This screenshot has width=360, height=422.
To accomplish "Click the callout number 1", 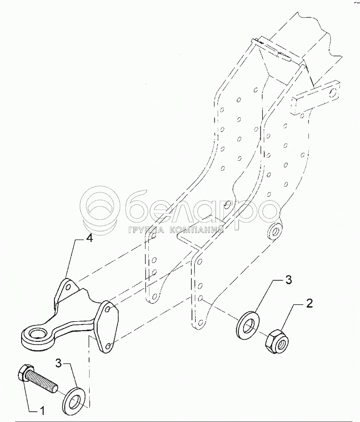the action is coord(42,411).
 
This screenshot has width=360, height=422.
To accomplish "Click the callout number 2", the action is coord(309,303).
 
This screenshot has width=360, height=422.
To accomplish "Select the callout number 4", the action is coord(89,239).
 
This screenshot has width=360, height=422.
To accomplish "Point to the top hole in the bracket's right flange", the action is coord(108,309).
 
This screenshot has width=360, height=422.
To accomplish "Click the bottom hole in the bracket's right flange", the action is coord(109,346).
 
